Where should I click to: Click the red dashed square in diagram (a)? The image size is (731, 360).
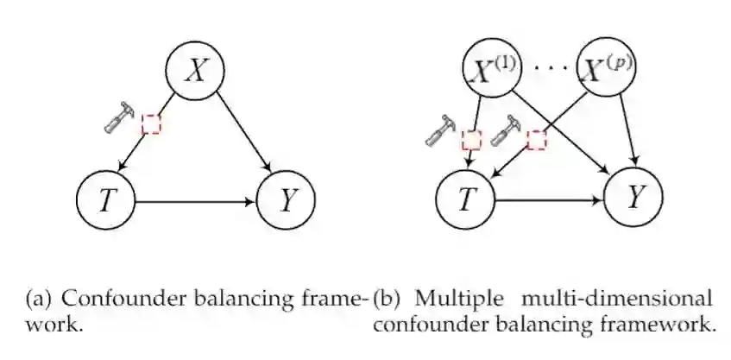coord(152,123)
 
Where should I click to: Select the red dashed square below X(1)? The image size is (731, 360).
coord(471,140)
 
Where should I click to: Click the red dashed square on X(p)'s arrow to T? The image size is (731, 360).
coord(538,139)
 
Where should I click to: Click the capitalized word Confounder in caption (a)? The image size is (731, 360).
coord(111,300)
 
